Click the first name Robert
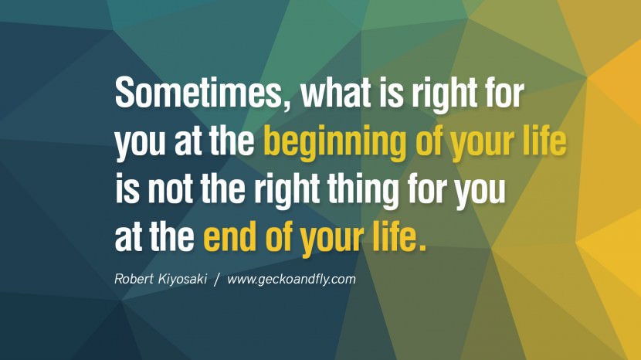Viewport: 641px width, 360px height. (134, 279)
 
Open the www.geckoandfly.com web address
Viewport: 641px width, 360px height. (291, 280)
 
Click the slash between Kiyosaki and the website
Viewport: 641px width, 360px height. (217, 280)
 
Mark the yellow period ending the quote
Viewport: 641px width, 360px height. (422, 247)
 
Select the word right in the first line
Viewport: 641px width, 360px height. (444, 95)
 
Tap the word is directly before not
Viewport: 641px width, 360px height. (127, 189)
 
